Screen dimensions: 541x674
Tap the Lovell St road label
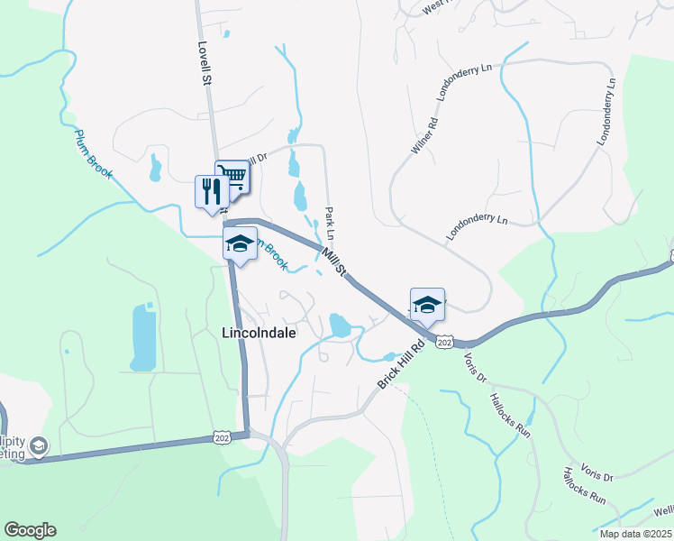coord(205,61)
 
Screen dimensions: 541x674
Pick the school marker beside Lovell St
coord(240,244)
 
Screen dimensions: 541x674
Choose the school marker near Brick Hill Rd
coord(427,305)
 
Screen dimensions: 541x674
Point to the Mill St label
coord(334,261)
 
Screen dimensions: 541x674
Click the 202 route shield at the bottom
coord(221,437)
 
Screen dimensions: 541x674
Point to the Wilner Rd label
coord(424,135)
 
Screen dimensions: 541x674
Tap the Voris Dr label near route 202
coord(475,366)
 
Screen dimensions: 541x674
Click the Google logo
coord(30,530)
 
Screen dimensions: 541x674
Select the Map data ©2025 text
coord(635,534)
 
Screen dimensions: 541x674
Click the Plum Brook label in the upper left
coord(94,152)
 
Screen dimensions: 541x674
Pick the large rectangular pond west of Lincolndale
coord(143,337)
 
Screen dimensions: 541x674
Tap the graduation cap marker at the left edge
coord(39,445)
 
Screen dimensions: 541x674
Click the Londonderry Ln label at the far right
coord(606,112)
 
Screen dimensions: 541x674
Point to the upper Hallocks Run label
coord(509,414)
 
